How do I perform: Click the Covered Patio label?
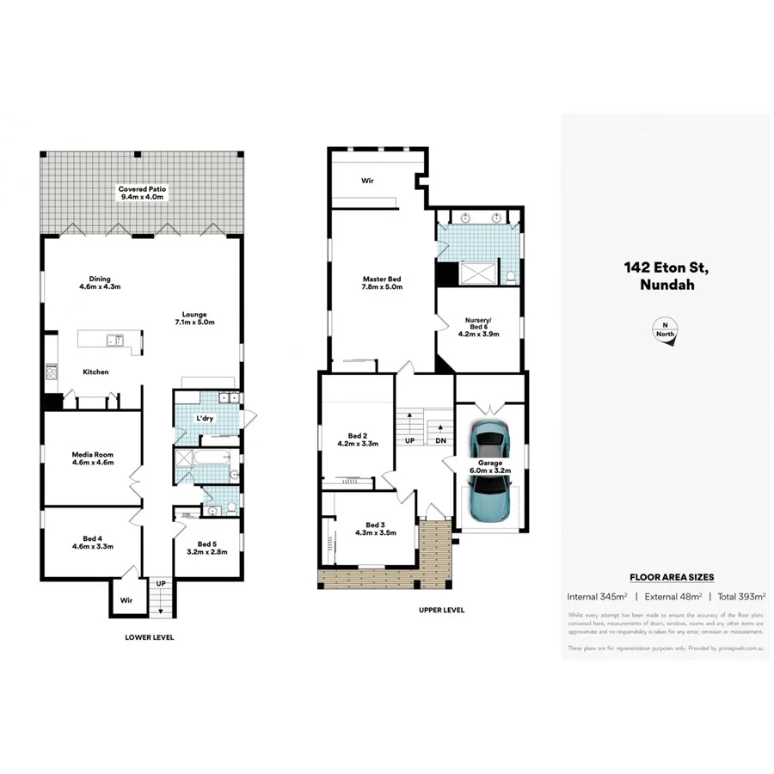[x=144, y=193]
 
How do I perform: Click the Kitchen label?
[x=95, y=372]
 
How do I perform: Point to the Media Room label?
[x=92, y=458]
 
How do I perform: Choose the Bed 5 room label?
[x=207, y=548]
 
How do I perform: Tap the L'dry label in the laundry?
[x=205, y=418]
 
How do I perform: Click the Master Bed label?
[x=382, y=283]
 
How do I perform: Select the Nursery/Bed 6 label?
[x=478, y=327]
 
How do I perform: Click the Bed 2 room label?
[x=356, y=440]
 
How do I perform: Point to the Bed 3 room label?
[x=374, y=528]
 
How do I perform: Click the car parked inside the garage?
[x=491, y=439]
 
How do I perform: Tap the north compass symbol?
[x=665, y=331]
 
